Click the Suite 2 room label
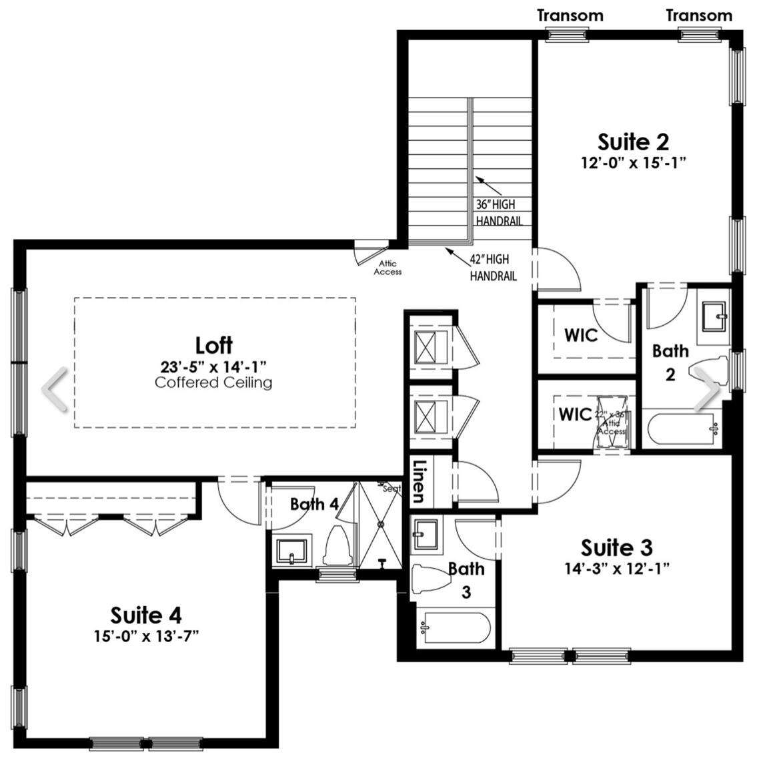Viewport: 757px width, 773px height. click(632, 142)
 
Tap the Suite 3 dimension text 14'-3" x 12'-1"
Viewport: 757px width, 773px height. click(616, 569)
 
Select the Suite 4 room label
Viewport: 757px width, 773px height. click(146, 615)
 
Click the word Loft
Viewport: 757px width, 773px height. click(213, 345)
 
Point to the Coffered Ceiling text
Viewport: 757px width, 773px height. click(213, 382)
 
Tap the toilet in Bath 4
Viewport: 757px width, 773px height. click(337, 545)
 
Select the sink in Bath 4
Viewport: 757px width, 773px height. click(291, 551)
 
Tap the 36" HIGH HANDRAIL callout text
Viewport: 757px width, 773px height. click(498, 213)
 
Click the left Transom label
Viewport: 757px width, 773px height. click(570, 15)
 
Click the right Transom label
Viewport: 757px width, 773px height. click(699, 15)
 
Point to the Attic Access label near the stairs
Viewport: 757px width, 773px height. click(388, 268)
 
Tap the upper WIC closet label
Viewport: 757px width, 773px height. click(581, 335)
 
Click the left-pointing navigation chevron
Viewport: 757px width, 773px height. click(55, 390)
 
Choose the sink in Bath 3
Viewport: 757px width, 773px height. click(424, 534)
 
